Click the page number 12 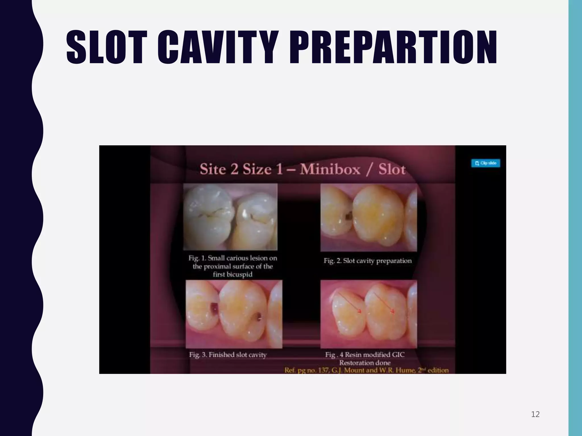[x=535, y=414]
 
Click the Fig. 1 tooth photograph [x=230, y=217]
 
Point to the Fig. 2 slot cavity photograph [x=369, y=217]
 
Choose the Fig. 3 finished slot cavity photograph [x=234, y=314]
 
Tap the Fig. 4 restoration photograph [x=369, y=314]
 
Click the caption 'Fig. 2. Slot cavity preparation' [x=367, y=261]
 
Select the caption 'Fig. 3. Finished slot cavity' [x=228, y=355]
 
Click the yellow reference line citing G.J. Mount [x=366, y=370]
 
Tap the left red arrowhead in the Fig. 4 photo [x=359, y=312]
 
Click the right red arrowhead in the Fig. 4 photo [x=393, y=312]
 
